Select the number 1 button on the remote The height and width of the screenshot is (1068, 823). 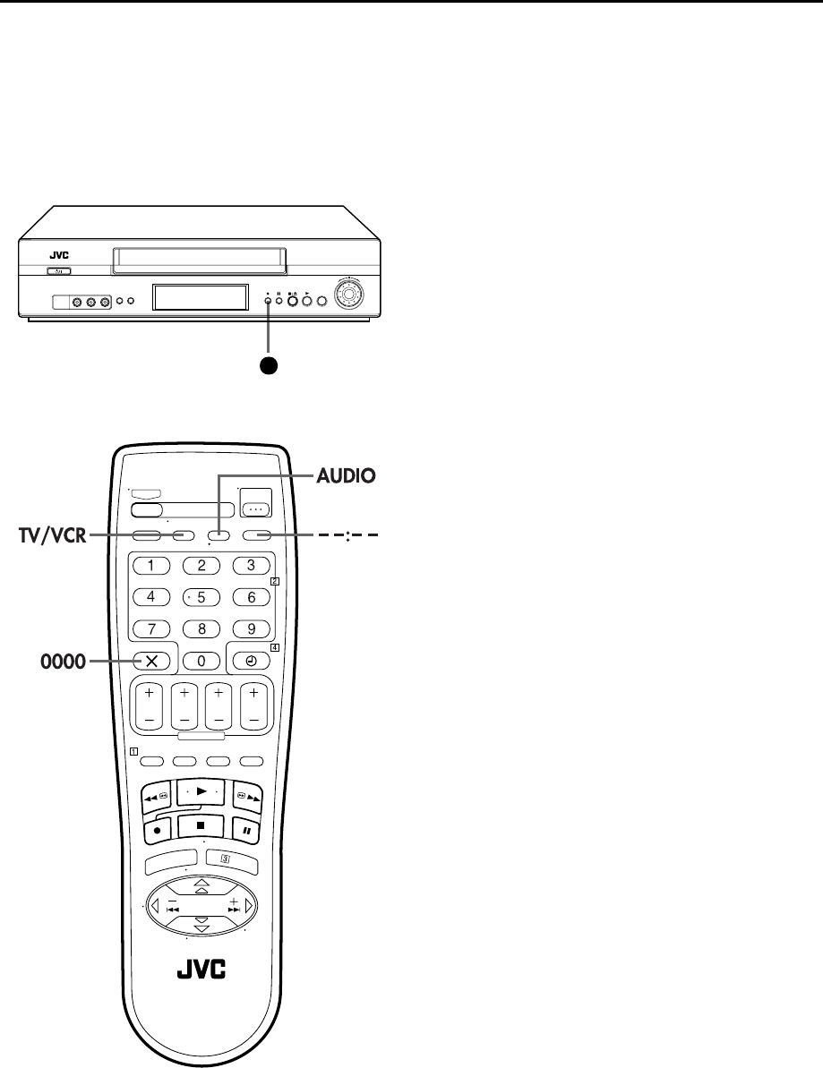[151, 566]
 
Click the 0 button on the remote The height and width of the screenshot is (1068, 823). [201, 661]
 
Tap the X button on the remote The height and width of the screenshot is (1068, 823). [151, 661]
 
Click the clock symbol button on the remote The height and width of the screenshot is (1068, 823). [251, 661]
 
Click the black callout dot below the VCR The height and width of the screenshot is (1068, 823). [267, 364]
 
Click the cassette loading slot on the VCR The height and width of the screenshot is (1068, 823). [200, 261]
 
